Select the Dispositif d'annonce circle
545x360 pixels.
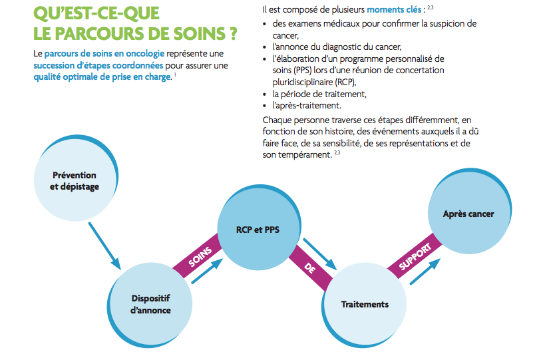150,304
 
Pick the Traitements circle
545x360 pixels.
365,304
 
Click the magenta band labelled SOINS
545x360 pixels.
198,256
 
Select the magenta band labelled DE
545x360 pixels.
310,268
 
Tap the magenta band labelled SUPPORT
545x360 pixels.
415,256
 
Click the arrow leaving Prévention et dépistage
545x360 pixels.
104,246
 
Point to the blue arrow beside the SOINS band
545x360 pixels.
207,271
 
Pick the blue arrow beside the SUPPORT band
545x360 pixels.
425,271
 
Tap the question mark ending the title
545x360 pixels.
233,34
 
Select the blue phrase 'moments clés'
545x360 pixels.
394,10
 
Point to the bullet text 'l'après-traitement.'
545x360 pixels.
307,105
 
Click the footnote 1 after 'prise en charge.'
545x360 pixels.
175,75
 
